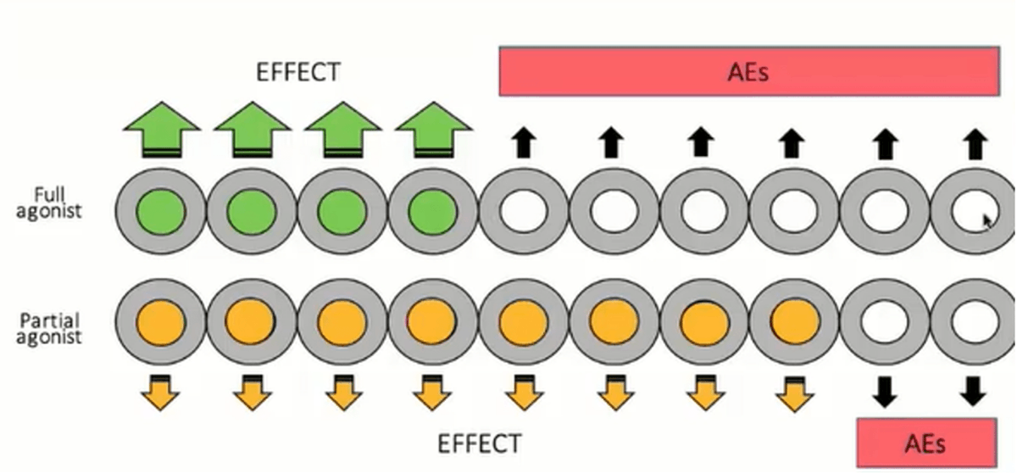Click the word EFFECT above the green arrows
click(x=297, y=72)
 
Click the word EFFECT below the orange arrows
click(x=480, y=443)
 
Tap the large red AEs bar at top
click(x=747, y=72)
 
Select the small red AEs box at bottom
click(x=925, y=442)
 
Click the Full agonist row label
click(x=48, y=203)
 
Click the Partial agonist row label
click(x=52, y=328)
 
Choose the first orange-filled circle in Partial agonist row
click(x=160, y=322)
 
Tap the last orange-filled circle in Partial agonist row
click(x=795, y=322)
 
